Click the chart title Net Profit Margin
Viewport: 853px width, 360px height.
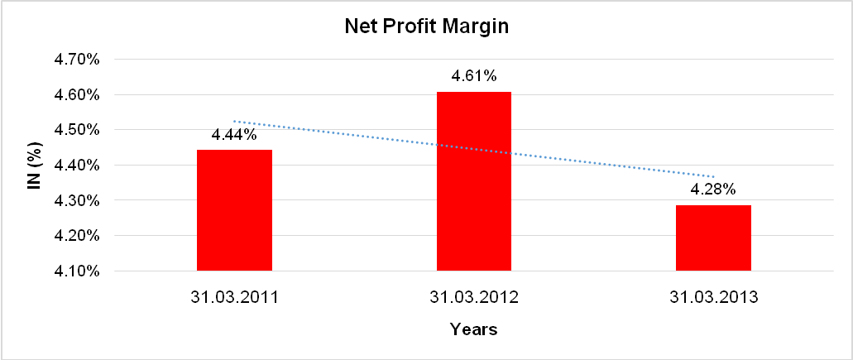426,26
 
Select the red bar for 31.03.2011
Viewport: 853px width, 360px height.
234,210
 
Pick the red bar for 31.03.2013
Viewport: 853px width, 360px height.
713,238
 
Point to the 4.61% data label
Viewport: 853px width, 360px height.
473,76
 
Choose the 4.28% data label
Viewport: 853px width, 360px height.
713,189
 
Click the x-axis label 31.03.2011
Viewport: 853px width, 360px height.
234,296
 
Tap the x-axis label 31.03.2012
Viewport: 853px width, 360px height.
473,296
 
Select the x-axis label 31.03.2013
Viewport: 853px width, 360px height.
713,296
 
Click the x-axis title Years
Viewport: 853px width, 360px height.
473,329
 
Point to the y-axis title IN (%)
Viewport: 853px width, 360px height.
34,166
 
